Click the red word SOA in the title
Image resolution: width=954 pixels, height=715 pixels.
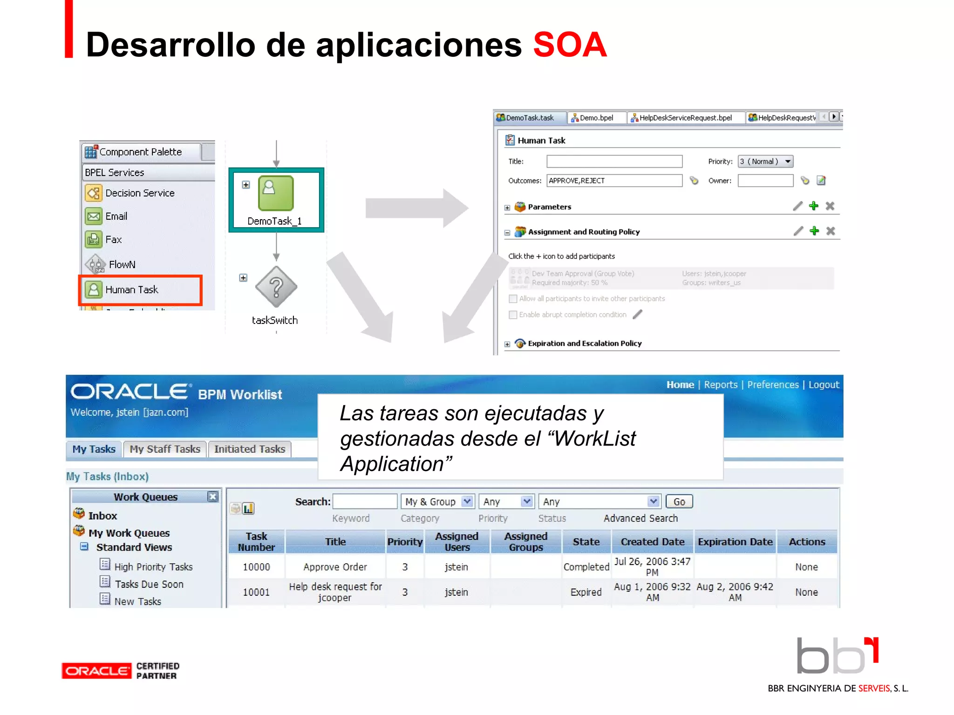coord(570,45)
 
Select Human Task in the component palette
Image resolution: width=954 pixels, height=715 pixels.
coord(132,290)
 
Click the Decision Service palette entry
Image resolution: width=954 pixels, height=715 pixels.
coord(139,193)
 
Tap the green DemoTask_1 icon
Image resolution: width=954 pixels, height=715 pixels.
coord(276,193)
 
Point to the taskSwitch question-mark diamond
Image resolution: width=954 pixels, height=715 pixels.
coord(276,287)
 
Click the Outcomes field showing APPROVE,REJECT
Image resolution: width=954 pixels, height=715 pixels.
coord(614,181)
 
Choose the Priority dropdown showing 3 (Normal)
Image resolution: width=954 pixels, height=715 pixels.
coord(765,162)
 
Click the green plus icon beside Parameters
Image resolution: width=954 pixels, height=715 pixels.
coord(813,206)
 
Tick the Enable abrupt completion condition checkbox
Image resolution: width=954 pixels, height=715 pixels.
coord(513,315)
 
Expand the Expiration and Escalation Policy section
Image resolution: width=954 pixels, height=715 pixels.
coord(507,344)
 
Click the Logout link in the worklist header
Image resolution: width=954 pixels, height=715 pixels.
coord(823,384)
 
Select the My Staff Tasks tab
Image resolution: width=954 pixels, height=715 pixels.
coord(165,449)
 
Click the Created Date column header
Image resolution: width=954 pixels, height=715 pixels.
coord(652,542)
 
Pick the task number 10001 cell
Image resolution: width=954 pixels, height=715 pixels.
coord(256,592)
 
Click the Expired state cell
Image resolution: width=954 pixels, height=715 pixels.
coord(586,592)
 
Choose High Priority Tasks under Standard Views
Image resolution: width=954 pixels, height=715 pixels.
coord(153,567)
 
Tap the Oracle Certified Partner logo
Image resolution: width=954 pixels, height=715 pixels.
coord(121,671)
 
